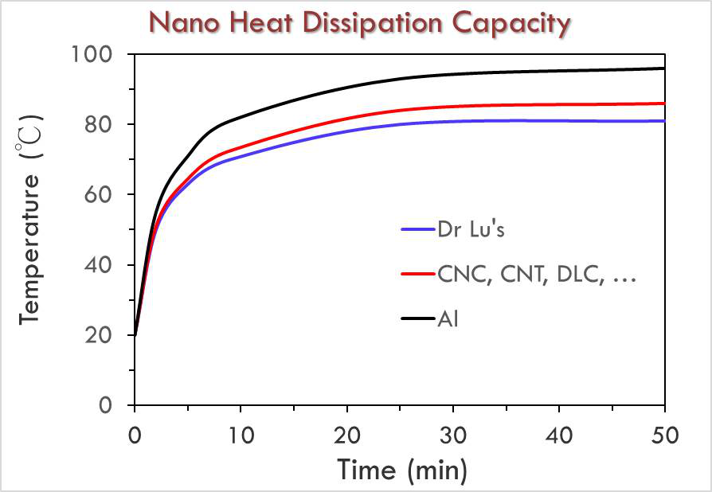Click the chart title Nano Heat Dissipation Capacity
[x=361, y=23]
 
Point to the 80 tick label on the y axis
[x=109, y=125]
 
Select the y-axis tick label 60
[x=109, y=195]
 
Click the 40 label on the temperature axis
[x=109, y=265]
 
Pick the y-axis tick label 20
[x=109, y=335]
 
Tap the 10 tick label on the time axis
[x=241, y=435]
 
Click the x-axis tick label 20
[x=347, y=435]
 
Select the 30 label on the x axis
[x=453, y=435]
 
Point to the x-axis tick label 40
[x=559, y=435]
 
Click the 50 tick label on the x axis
[x=665, y=435]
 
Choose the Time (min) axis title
[x=401, y=470]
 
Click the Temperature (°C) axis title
[x=30, y=230]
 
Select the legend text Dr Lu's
[x=471, y=230]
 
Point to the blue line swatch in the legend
[x=417, y=230]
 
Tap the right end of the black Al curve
[x=663, y=68]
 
